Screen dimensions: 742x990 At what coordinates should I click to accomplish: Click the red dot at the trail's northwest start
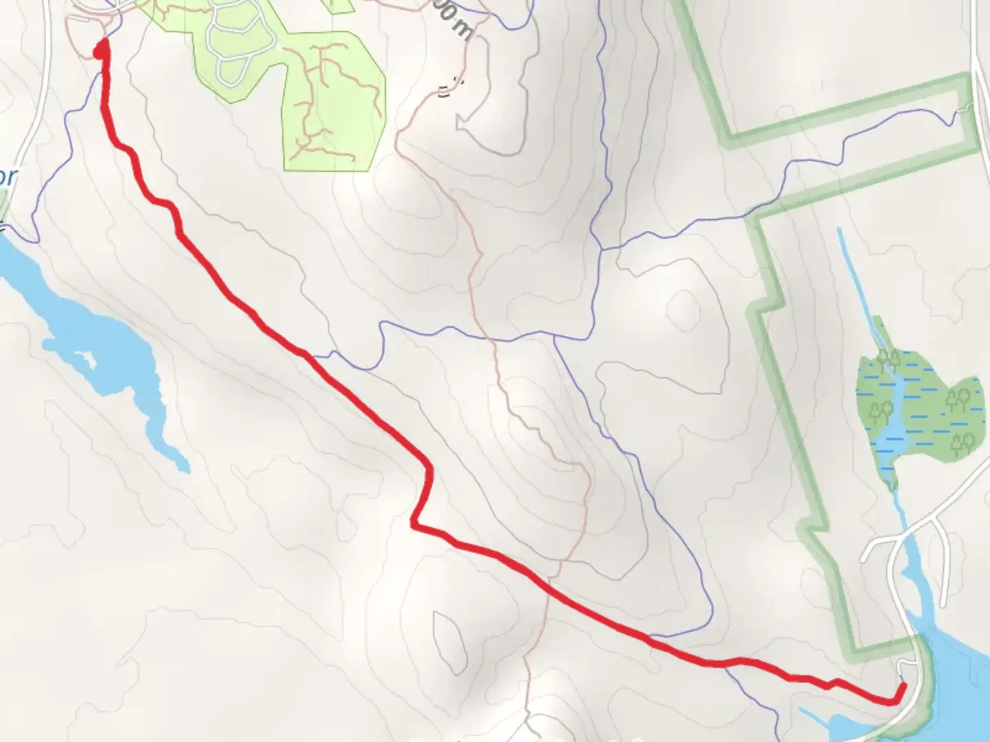coord(100,49)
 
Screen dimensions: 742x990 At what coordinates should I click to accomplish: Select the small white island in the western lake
coord(87,358)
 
